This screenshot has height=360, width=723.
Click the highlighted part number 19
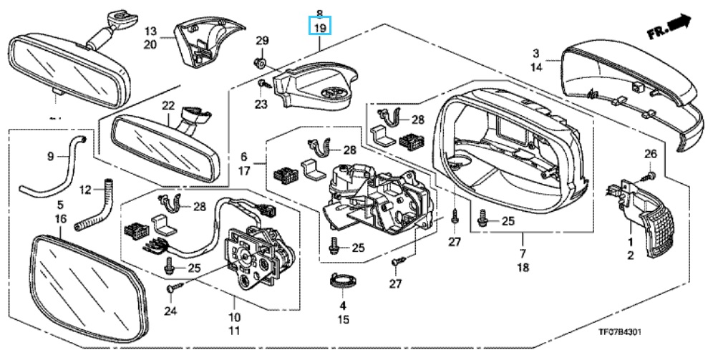(320, 28)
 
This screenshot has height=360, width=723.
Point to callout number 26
(650, 154)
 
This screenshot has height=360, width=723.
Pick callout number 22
(168, 106)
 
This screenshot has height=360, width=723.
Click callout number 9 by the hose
(51, 155)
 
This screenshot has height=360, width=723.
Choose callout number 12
(85, 190)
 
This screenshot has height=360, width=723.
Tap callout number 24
(169, 311)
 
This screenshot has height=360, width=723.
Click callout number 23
(261, 104)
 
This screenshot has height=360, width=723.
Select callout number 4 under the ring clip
(343, 306)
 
